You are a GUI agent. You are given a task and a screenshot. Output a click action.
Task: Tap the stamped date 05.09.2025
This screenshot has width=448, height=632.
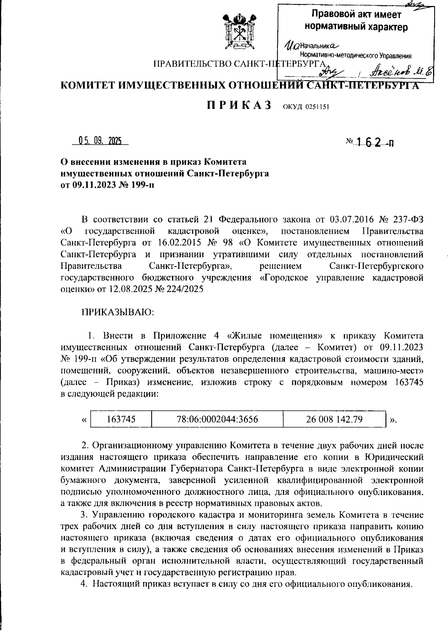[x=100, y=141]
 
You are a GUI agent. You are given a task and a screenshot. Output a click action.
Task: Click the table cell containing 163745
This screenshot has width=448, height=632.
[x=121, y=419]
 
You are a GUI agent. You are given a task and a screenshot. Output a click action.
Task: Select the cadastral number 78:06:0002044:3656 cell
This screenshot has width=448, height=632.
[x=217, y=419]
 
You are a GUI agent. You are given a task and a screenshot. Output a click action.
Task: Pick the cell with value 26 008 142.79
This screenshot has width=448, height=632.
[x=334, y=419]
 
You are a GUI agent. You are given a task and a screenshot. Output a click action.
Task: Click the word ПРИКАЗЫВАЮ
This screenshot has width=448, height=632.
[x=118, y=312]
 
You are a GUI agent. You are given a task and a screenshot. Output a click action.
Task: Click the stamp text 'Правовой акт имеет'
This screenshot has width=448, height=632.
[x=356, y=15]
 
